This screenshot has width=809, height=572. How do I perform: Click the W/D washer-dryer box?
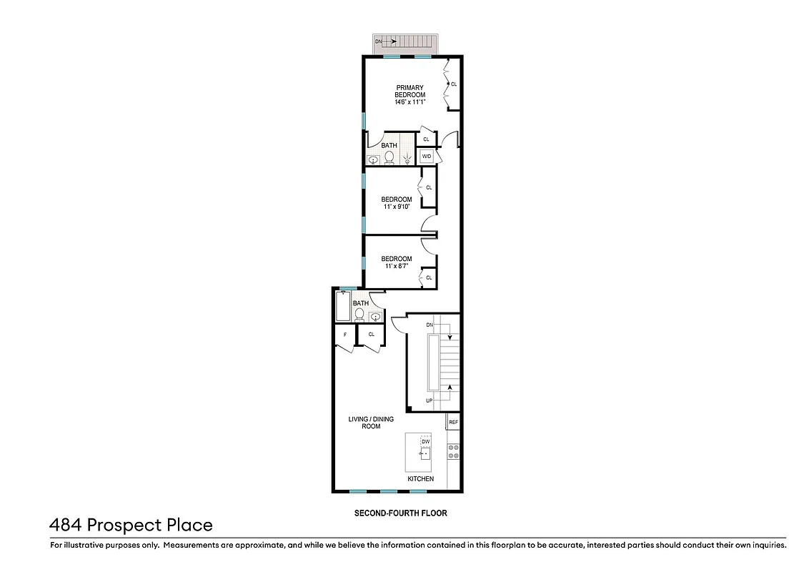click(x=427, y=156)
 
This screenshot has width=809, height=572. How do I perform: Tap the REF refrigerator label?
click(x=453, y=423)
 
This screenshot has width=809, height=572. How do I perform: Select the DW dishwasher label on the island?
click(x=426, y=441)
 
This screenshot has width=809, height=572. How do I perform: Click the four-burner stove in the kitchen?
click(x=452, y=452)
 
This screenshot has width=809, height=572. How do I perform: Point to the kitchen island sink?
click(x=425, y=453)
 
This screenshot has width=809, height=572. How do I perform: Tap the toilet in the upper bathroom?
click(x=389, y=159)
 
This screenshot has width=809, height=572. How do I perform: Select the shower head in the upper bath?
click(x=407, y=159)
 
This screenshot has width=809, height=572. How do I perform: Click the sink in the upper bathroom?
click(x=373, y=160)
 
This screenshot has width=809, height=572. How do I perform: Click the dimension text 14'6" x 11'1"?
click(x=410, y=102)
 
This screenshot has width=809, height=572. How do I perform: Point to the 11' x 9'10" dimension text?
click(x=396, y=207)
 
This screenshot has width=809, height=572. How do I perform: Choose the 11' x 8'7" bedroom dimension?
click(x=396, y=266)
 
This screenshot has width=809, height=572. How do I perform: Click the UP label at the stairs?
click(x=430, y=400)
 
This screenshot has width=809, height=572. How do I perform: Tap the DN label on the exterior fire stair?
click(x=379, y=41)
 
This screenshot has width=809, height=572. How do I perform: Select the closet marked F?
click(x=345, y=335)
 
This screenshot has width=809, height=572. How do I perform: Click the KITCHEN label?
click(x=420, y=479)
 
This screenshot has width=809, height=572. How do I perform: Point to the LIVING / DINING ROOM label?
click(x=364, y=423)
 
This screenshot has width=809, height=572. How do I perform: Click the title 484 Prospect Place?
click(x=131, y=525)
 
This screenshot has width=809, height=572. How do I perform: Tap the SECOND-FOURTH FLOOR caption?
click(x=401, y=513)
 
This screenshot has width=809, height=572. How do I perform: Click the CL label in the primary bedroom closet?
click(x=454, y=84)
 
